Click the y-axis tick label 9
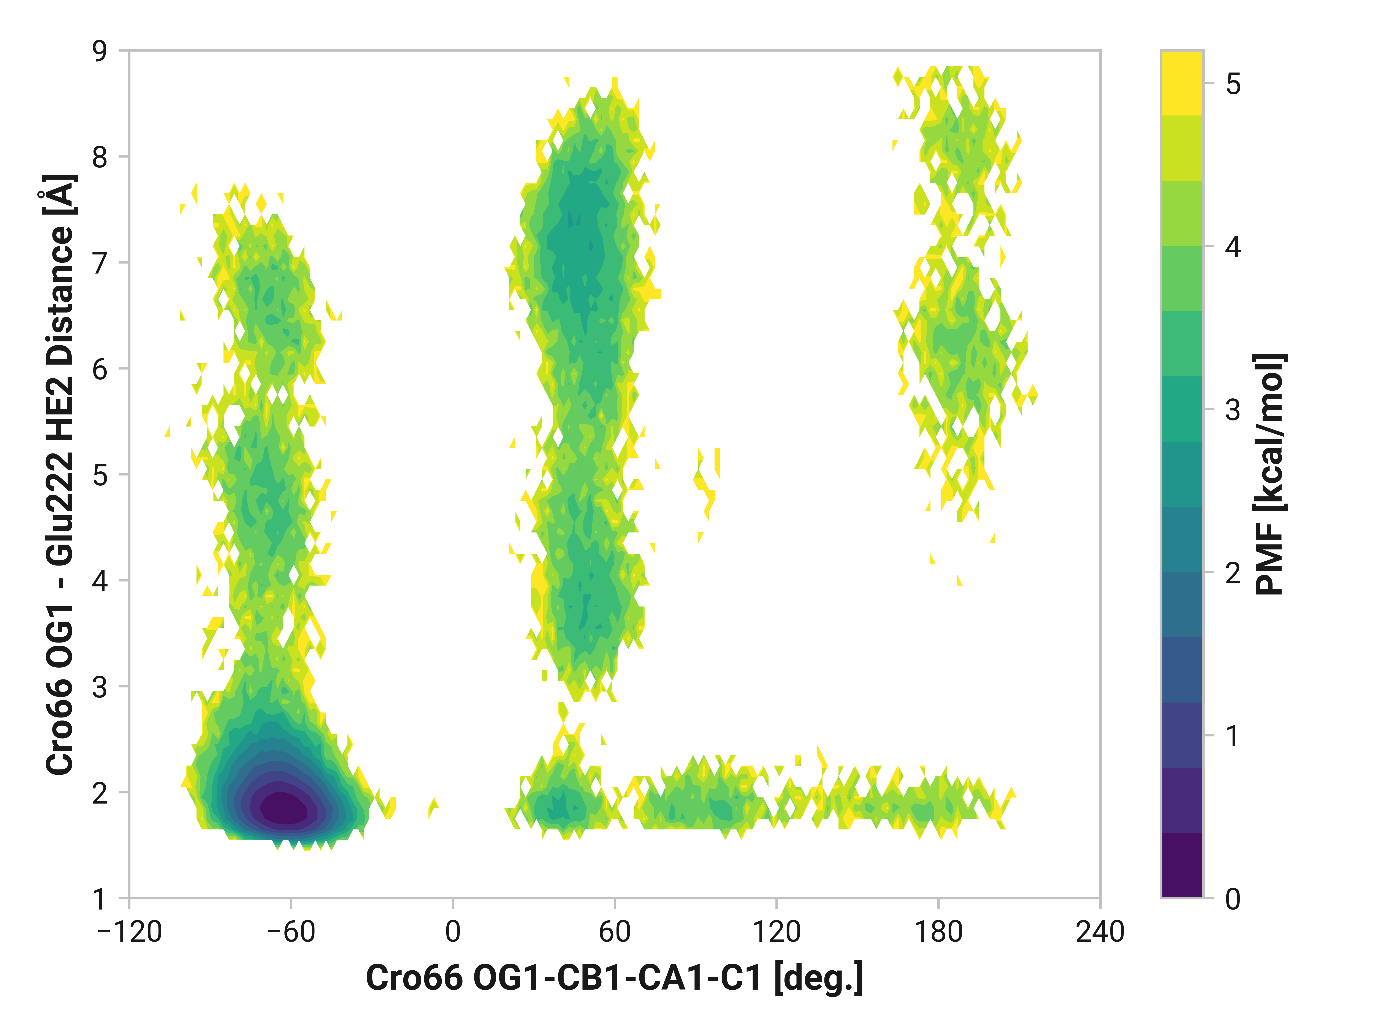(x=100, y=51)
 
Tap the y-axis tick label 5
(x=100, y=475)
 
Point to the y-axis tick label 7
(x=100, y=264)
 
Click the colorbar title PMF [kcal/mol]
(x=1269, y=475)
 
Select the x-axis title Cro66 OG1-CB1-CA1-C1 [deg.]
(x=614, y=978)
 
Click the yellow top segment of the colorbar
(x=1181, y=83)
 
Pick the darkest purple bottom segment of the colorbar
(x=1181, y=865)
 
